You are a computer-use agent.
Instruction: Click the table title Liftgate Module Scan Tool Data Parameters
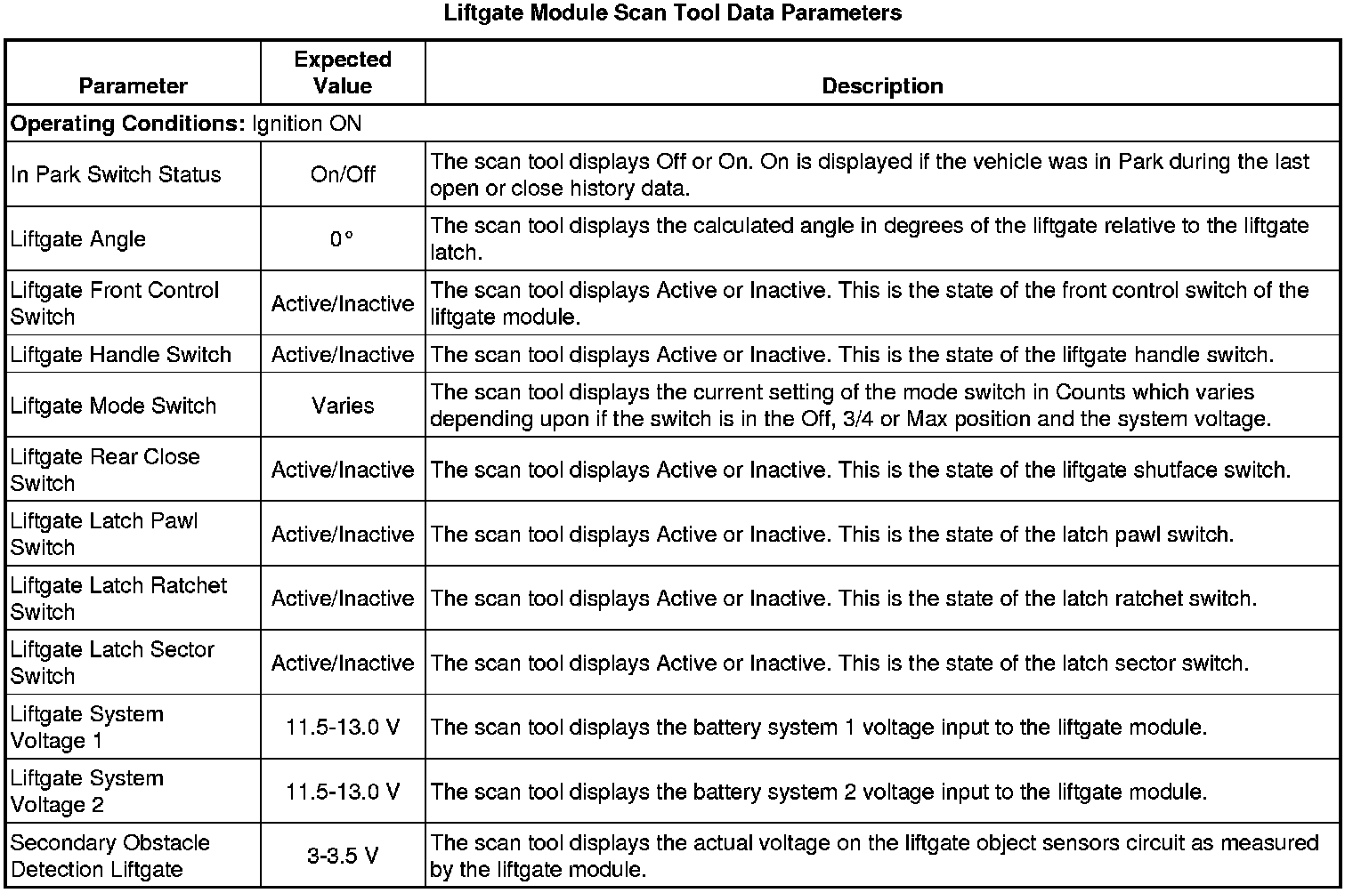pos(672,13)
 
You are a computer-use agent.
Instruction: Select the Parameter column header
pos(133,85)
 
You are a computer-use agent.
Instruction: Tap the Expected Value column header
pos(343,72)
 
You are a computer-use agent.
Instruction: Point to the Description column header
pos(881,85)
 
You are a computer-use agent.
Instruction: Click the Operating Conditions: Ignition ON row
pos(186,123)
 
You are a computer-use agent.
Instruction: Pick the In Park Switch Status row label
pos(116,174)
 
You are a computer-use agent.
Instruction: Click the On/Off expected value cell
pos(343,174)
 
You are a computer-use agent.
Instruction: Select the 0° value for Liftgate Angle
pos(342,239)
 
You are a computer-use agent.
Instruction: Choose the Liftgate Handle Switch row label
pos(121,354)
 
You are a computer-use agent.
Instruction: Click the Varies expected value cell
pos(343,406)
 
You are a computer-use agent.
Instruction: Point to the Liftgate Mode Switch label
pos(114,406)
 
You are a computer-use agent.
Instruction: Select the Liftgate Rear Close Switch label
pos(105,470)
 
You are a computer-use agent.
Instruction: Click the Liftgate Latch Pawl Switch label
pos(104,534)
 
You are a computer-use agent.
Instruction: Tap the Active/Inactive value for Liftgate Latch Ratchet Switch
pos(343,599)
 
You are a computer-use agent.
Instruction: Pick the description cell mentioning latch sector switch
pos(839,663)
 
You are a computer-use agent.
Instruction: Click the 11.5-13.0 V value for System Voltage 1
pos(343,727)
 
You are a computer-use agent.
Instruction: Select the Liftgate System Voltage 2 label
pos(87,792)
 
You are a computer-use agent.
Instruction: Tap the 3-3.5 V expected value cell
pos(343,856)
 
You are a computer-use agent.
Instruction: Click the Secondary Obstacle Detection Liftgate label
pos(109,856)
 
